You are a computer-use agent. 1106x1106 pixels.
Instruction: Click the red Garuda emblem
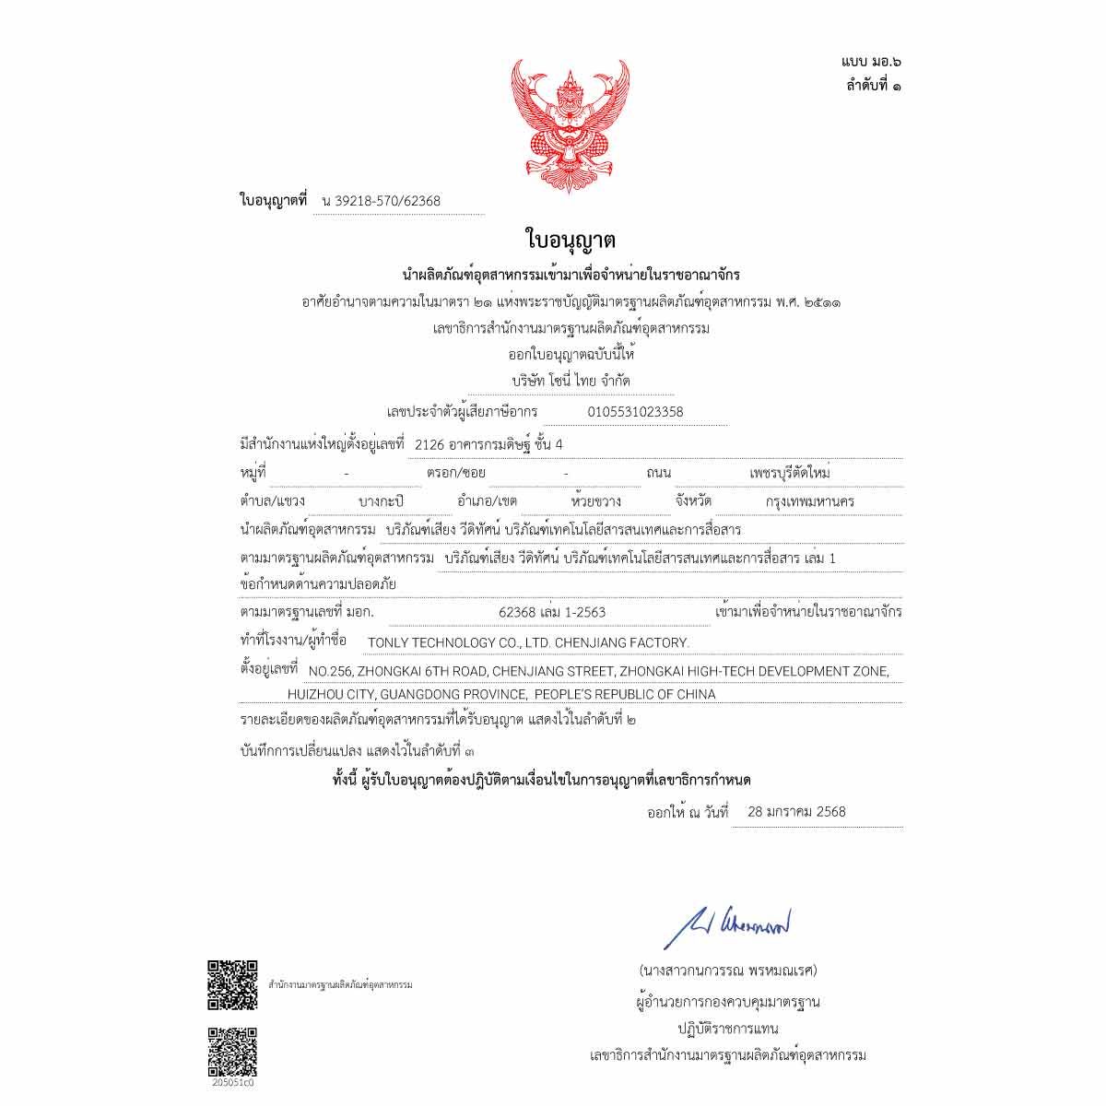(571, 121)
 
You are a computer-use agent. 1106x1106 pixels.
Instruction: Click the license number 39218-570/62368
(388, 201)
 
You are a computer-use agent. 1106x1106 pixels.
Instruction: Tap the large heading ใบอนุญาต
(571, 241)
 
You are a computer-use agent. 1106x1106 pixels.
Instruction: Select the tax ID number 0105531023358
(635, 412)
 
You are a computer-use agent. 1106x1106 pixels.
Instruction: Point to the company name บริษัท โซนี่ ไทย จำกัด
(571, 380)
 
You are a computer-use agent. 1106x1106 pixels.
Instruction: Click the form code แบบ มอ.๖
(871, 62)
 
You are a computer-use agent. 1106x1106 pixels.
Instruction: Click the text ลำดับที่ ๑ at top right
(874, 86)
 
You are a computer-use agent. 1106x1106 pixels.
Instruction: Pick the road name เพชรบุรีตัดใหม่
(790, 473)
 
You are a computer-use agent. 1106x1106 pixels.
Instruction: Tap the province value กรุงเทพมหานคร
(810, 501)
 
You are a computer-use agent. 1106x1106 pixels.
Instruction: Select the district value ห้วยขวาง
(596, 501)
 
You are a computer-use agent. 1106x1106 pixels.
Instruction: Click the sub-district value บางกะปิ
(381, 501)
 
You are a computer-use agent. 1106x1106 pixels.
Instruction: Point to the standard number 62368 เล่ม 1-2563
(551, 612)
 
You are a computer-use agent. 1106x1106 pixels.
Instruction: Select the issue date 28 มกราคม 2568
(796, 812)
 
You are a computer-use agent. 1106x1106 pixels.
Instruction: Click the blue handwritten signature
(727, 924)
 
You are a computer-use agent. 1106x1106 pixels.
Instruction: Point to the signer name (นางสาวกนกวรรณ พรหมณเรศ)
(727, 971)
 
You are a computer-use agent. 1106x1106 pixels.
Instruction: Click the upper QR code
(231, 985)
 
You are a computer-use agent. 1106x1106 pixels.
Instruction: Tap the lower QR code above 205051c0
(231, 1052)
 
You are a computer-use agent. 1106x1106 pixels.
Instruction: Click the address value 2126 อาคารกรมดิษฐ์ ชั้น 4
(488, 444)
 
